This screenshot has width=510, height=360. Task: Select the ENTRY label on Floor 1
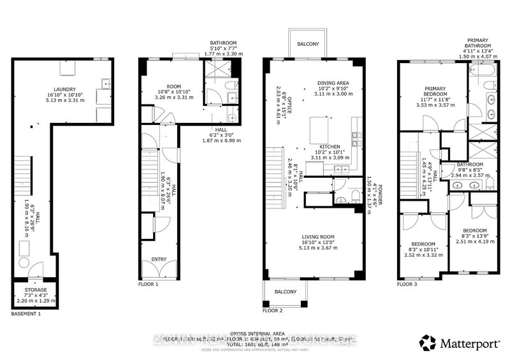click(x=158, y=259)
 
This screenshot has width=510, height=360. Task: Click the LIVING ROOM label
click(x=318, y=236)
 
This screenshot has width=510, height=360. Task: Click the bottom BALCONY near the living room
click(x=285, y=292)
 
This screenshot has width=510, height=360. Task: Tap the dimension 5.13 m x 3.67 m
click(x=318, y=248)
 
